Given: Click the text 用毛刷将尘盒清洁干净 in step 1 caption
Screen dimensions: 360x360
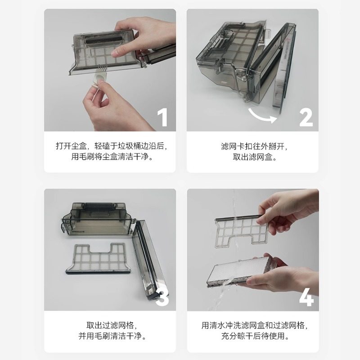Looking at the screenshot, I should point(111,157).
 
